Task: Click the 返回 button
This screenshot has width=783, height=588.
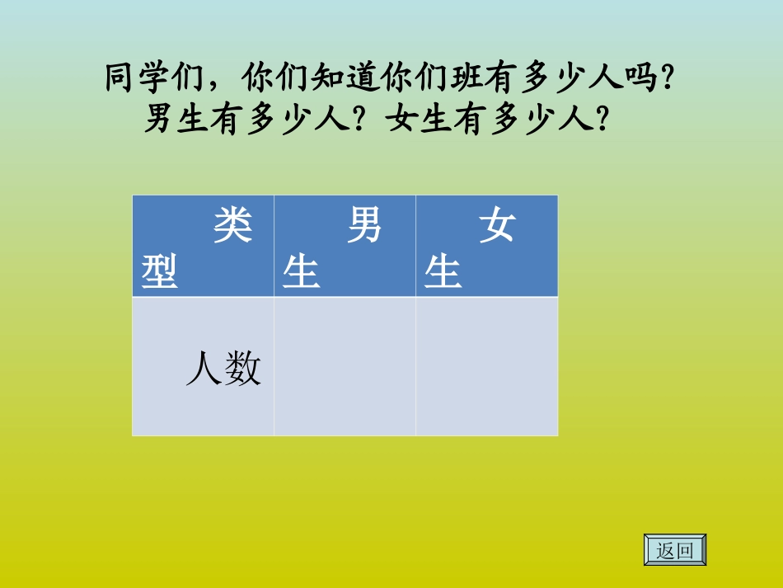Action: tap(674, 550)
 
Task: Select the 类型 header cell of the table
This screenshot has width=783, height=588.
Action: tap(203, 247)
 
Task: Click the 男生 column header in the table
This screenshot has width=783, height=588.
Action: tap(345, 247)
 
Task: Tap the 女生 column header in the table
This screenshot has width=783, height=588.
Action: tap(486, 247)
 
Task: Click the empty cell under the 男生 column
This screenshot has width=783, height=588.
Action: tap(345, 367)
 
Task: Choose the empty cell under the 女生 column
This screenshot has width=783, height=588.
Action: tap(486, 367)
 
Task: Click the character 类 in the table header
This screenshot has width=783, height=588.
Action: tap(233, 225)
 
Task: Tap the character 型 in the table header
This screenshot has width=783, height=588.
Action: tap(160, 271)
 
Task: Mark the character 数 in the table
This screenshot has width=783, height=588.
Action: tap(243, 369)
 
